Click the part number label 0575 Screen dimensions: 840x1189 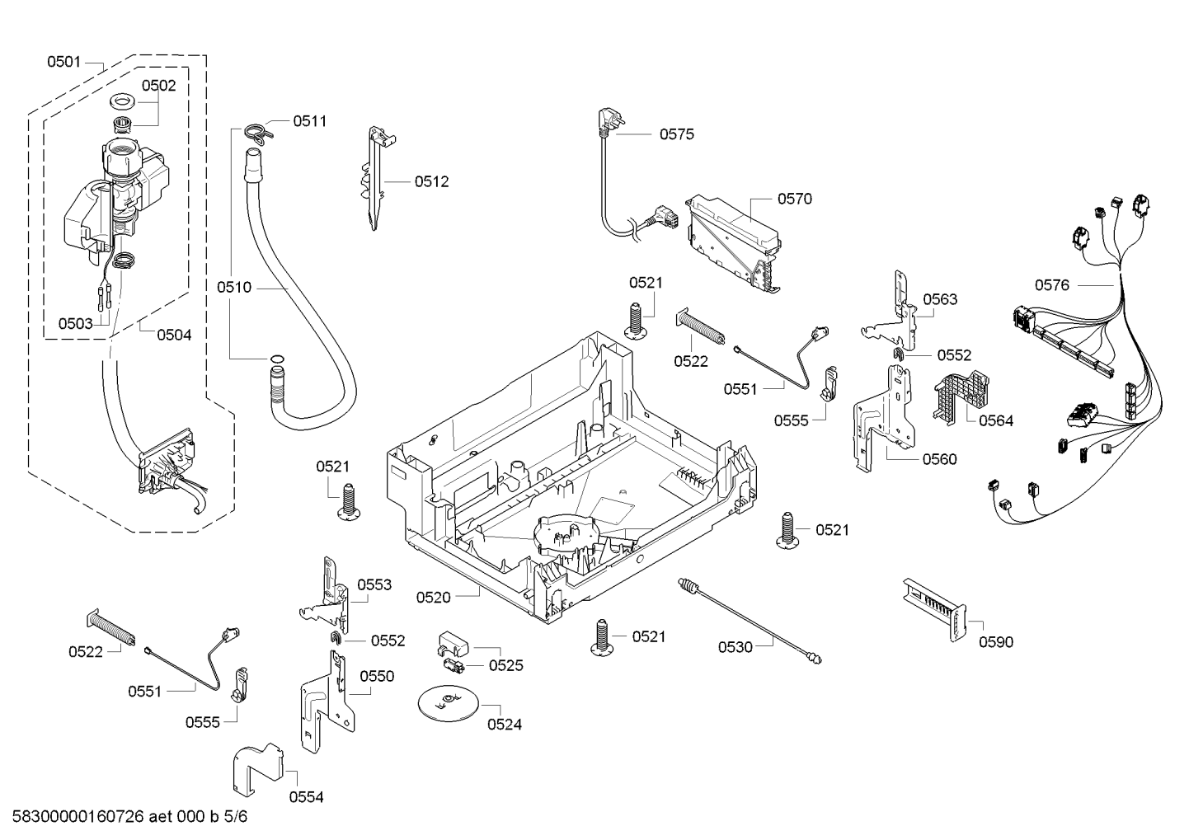click(x=676, y=134)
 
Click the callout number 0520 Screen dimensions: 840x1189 click(x=434, y=597)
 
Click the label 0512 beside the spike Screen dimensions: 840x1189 click(x=431, y=181)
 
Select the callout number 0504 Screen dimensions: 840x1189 click(x=174, y=335)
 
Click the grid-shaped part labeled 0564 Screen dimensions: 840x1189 click(x=960, y=396)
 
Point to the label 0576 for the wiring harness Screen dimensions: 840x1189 click(x=1052, y=285)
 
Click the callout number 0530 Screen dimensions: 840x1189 click(x=735, y=647)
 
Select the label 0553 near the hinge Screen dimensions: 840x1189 click(x=374, y=585)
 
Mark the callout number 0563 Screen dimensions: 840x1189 click(x=940, y=299)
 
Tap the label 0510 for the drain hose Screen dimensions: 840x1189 click(x=234, y=288)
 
